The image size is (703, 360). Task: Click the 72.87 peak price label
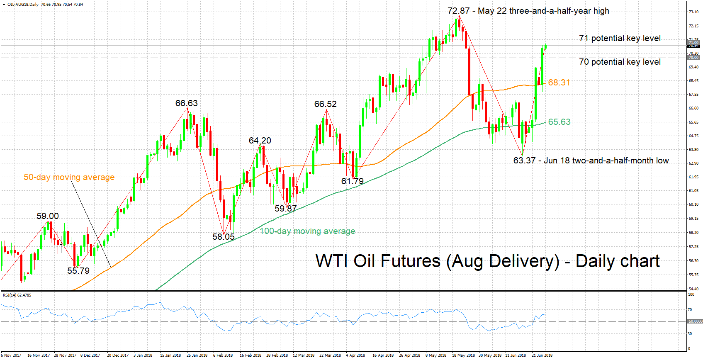click(458, 11)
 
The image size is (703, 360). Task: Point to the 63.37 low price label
click(524, 161)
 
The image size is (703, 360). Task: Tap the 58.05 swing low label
click(224, 237)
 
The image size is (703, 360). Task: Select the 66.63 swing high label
click(186, 103)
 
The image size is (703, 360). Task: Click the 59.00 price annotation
click(48, 216)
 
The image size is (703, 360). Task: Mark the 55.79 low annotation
click(78, 271)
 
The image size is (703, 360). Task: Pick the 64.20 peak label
click(260, 141)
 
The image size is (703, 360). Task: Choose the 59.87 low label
click(285, 209)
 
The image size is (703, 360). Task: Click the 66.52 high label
click(325, 104)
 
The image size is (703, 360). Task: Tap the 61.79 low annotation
click(352, 181)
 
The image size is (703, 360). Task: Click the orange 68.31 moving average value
click(559, 83)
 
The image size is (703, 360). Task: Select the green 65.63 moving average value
click(559, 122)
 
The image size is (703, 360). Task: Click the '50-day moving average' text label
click(69, 177)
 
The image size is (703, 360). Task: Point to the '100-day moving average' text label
click(307, 231)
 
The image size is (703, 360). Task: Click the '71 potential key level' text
click(620, 38)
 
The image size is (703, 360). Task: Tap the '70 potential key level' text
click(620, 62)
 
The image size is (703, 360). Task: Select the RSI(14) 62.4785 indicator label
click(17, 295)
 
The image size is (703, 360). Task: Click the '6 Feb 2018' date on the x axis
click(223, 355)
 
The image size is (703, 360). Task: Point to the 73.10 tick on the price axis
click(693, 12)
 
